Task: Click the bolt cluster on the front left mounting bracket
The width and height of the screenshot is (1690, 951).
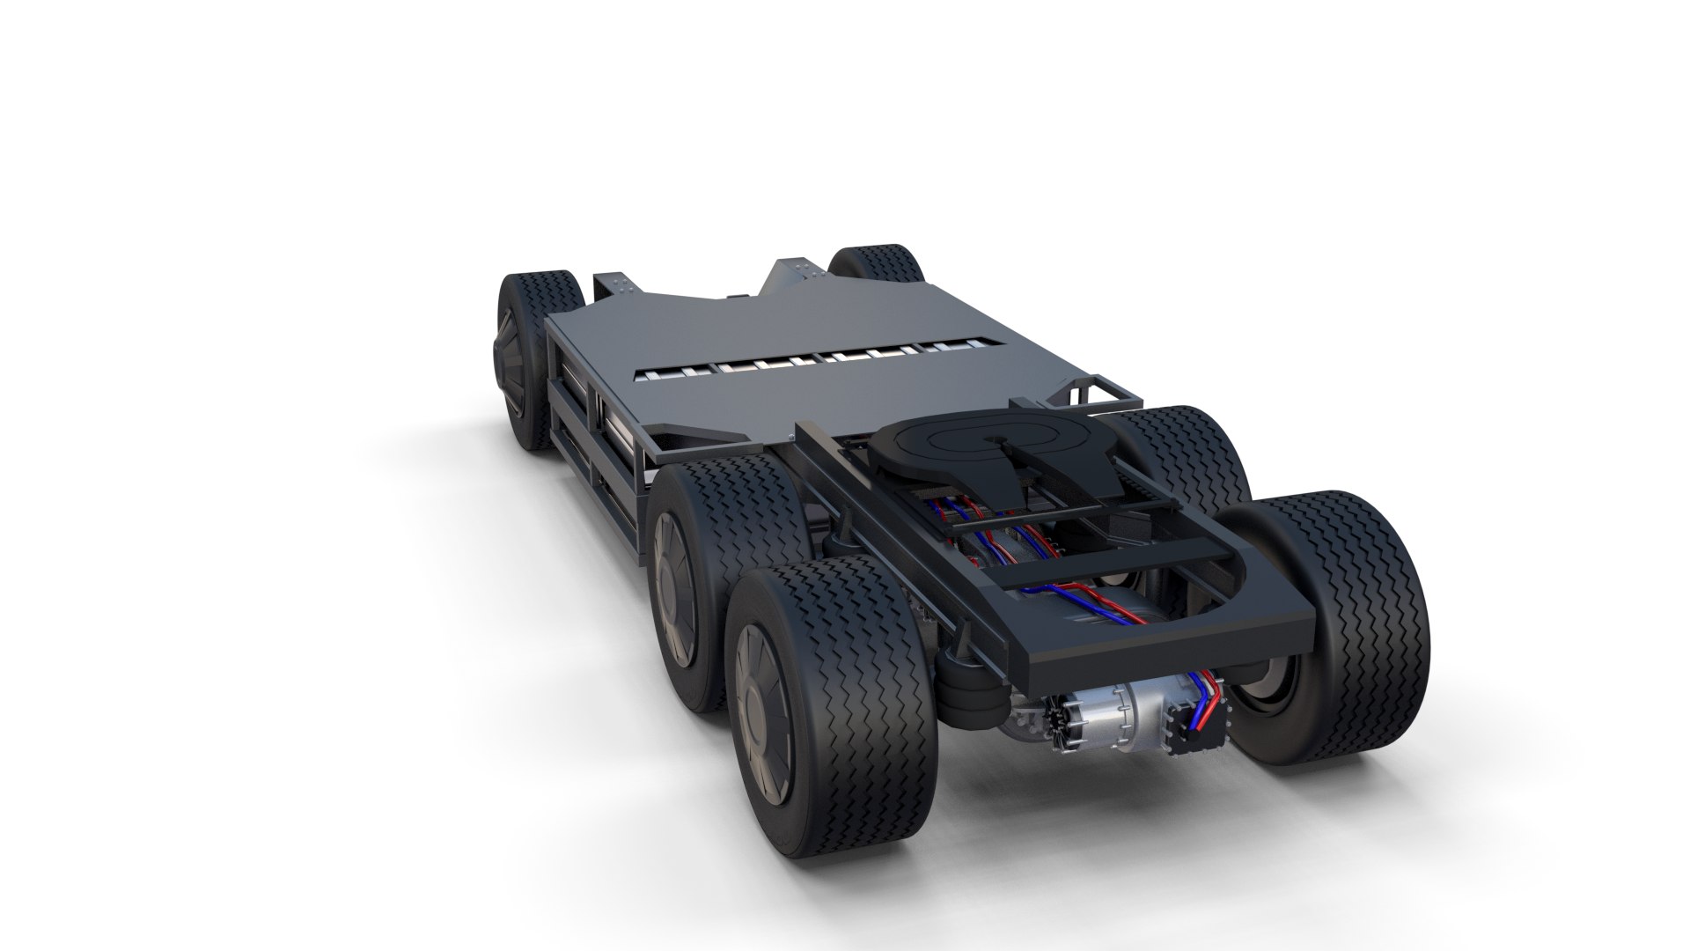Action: [x=616, y=284]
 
